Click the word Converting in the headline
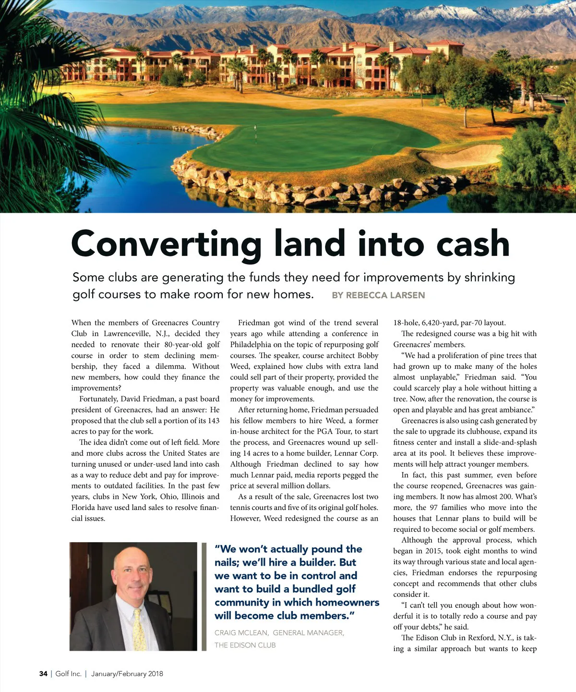(x=166, y=244)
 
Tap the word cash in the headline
(x=472, y=244)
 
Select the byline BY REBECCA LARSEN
(x=378, y=295)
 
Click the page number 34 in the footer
(x=43, y=674)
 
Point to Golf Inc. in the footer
(x=68, y=674)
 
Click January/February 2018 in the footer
(x=127, y=674)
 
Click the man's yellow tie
(x=139, y=629)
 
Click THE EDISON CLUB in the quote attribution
(x=245, y=645)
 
